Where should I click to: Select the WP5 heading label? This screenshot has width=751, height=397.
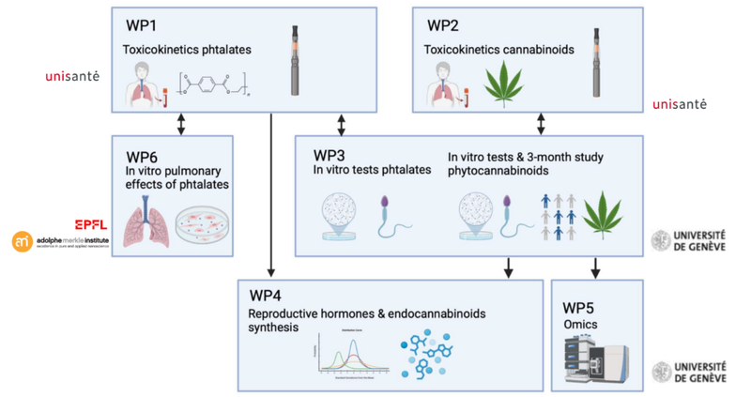pyautogui.click(x=582, y=307)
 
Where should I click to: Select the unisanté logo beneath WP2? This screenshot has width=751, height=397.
pyautogui.click(x=679, y=103)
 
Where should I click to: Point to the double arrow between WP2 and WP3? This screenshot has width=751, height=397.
pyautogui.click(x=541, y=123)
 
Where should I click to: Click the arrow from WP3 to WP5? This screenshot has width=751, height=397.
pyautogui.click(x=595, y=267)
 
